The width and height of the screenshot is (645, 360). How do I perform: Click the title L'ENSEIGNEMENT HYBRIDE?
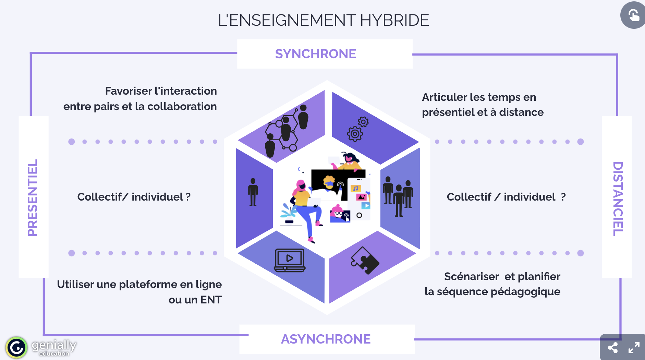coord(323,20)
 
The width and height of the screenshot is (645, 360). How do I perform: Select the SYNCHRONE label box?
coord(325,54)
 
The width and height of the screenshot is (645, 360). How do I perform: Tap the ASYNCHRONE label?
coord(326,339)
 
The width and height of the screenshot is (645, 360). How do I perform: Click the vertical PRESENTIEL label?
coord(33,197)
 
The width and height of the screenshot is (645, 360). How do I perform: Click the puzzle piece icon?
coord(364,261)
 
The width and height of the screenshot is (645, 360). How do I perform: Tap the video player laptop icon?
coord(290,260)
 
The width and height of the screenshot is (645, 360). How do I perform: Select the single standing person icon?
coord(253,192)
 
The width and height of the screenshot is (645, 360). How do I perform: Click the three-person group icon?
coord(398,196)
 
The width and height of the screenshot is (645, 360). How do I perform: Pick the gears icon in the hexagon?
coord(357,130)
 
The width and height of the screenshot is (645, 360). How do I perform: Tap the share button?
coord(613,348)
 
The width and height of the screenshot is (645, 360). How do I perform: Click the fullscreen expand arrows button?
coord(634,348)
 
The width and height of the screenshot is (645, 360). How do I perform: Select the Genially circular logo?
coord(16,348)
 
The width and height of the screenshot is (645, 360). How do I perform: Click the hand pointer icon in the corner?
coord(633,15)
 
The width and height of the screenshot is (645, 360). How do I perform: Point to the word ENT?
coord(211,300)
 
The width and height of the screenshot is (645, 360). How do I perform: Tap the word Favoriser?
coord(129,91)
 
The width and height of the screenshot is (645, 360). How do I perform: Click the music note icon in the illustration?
coord(355,189)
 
